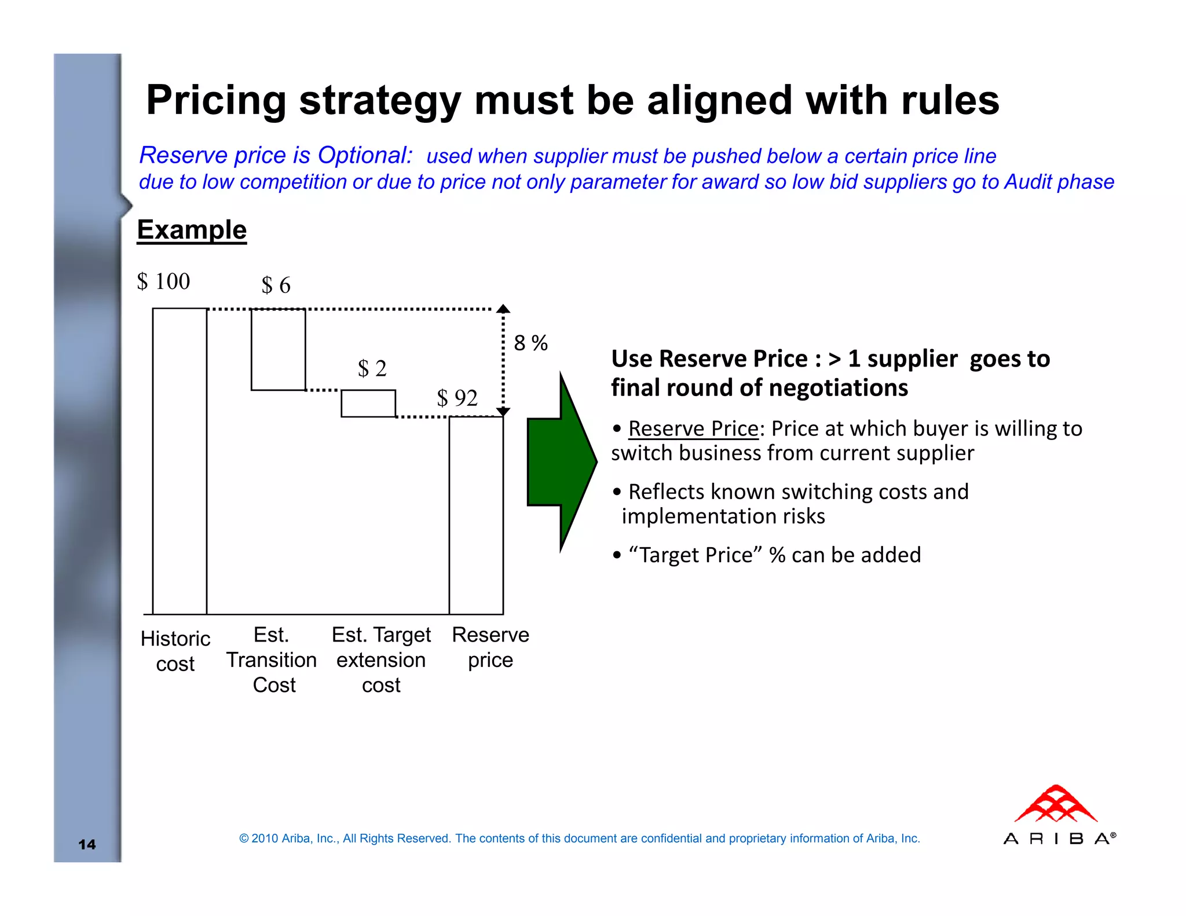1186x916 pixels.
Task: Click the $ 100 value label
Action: (x=163, y=281)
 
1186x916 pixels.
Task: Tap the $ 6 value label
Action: (x=276, y=285)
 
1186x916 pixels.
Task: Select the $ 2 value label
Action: (x=372, y=368)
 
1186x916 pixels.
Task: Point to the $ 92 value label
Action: (x=457, y=398)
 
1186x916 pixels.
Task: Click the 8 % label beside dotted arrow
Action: (x=530, y=343)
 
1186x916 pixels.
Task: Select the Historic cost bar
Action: (x=180, y=461)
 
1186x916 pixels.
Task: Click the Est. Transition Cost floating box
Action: (x=278, y=350)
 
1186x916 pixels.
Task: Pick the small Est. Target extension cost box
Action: (x=368, y=404)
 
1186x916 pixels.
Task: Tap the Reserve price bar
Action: (x=476, y=515)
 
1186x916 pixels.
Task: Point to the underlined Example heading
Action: (x=192, y=230)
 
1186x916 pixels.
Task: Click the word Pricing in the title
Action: (x=216, y=100)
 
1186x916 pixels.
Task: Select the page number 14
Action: (x=87, y=844)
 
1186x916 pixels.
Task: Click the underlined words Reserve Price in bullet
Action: (x=693, y=429)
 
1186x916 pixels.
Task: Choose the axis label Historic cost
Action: (x=175, y=651)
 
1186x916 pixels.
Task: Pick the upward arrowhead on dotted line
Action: (x=503, y=309)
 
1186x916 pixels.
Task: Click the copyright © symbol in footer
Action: (x=244, y=838)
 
